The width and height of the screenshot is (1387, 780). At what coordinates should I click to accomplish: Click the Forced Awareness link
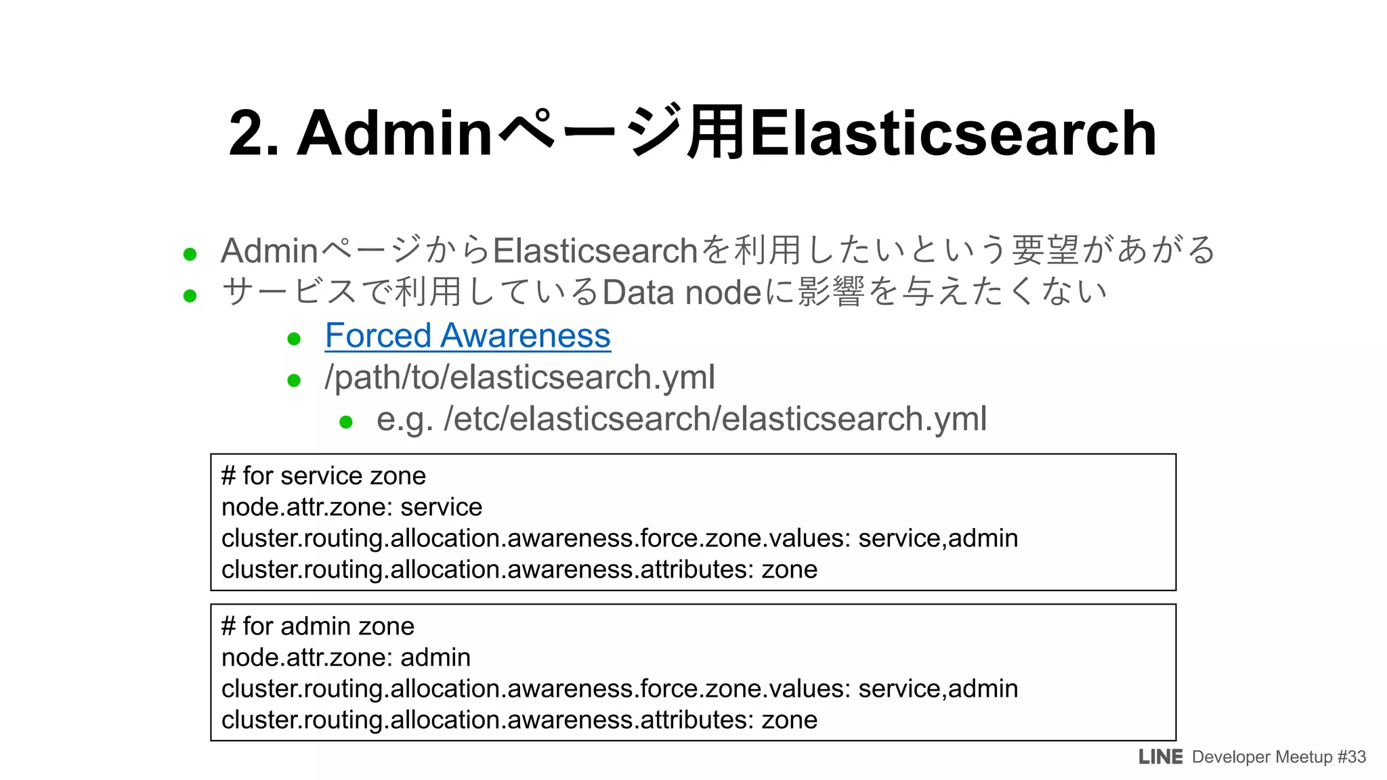[467, 336]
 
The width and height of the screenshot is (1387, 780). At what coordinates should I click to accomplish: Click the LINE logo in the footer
[1160, 757]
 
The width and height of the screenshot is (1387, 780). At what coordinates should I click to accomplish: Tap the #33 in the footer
[1352, 757]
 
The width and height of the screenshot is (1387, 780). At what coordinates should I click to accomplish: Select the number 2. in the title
[253, 133]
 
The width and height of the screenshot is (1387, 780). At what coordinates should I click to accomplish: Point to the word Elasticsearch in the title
[953, 133]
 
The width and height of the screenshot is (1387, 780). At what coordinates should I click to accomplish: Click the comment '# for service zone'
[324, 476]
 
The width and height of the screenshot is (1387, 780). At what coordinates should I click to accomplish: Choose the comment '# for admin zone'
[318, 626]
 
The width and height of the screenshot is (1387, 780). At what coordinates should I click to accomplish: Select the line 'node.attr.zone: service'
[351, 507]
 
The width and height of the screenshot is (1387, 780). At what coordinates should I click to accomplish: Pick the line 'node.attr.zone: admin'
[345, 657]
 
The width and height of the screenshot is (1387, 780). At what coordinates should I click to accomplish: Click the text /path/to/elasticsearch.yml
[519, 377]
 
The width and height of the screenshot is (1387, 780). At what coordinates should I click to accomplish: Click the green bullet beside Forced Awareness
[294, 339]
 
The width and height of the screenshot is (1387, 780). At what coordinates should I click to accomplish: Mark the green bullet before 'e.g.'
[346, 422]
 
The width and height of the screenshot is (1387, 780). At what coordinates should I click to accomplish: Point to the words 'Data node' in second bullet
[682, 292]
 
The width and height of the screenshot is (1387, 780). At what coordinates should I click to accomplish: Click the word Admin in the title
[394, 133]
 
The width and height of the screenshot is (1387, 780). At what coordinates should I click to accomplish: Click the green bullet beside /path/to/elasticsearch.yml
[294, 381]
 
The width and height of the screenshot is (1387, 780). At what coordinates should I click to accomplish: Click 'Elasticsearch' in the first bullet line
[595, 251]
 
